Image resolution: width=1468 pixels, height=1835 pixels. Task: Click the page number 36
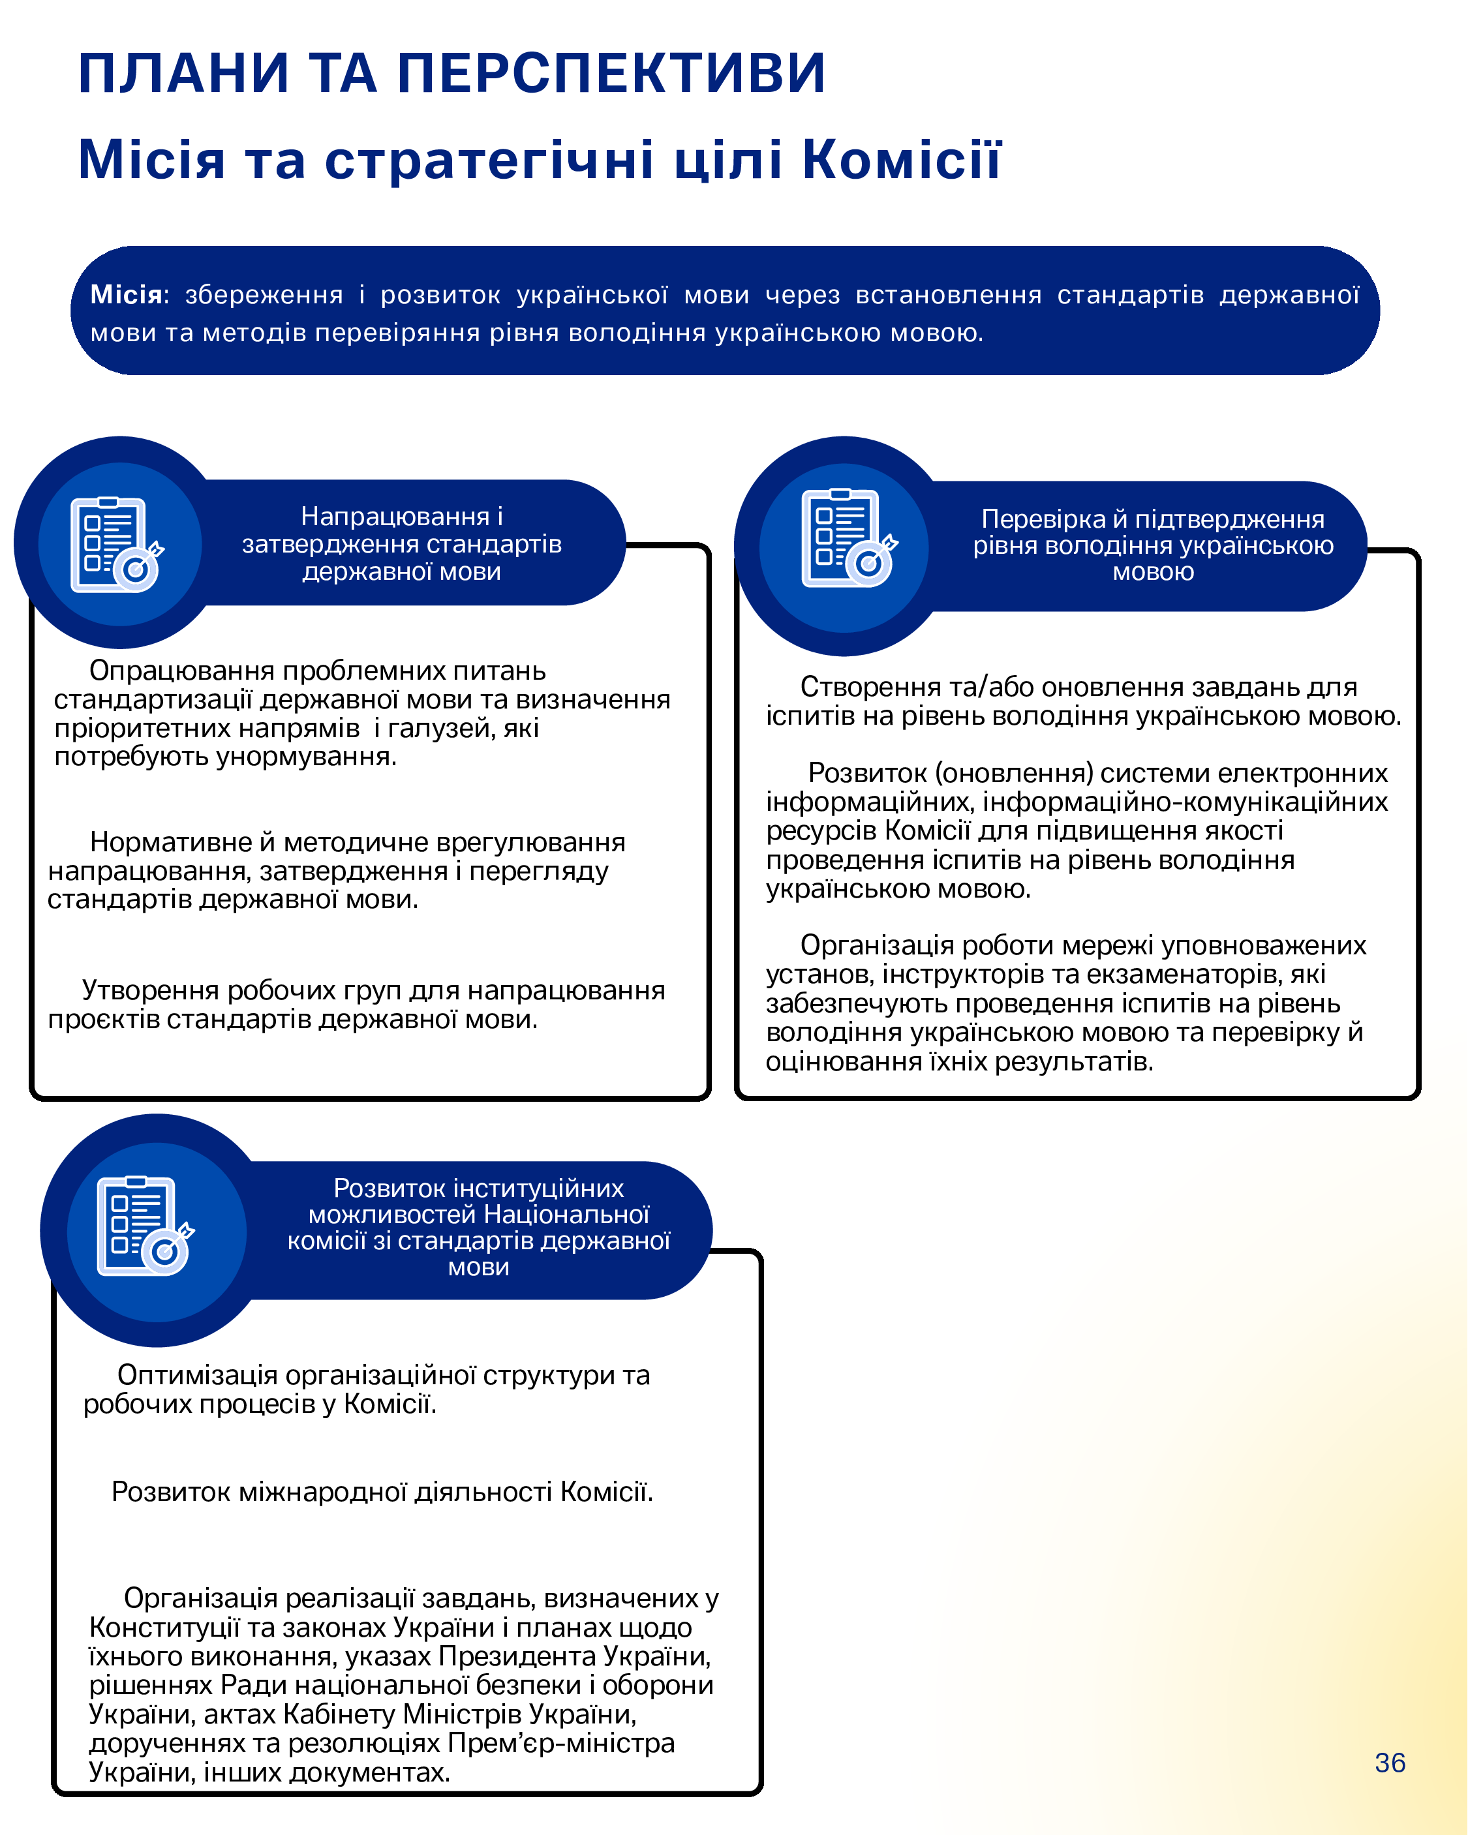1390,1763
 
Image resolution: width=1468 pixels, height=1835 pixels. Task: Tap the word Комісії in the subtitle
901,159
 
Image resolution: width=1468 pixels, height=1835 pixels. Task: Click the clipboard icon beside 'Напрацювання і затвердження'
115,545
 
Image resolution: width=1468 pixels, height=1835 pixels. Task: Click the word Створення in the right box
868,687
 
